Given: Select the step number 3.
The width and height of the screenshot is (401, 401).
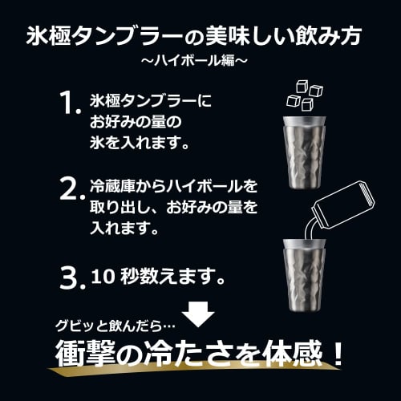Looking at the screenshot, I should (71, 277).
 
